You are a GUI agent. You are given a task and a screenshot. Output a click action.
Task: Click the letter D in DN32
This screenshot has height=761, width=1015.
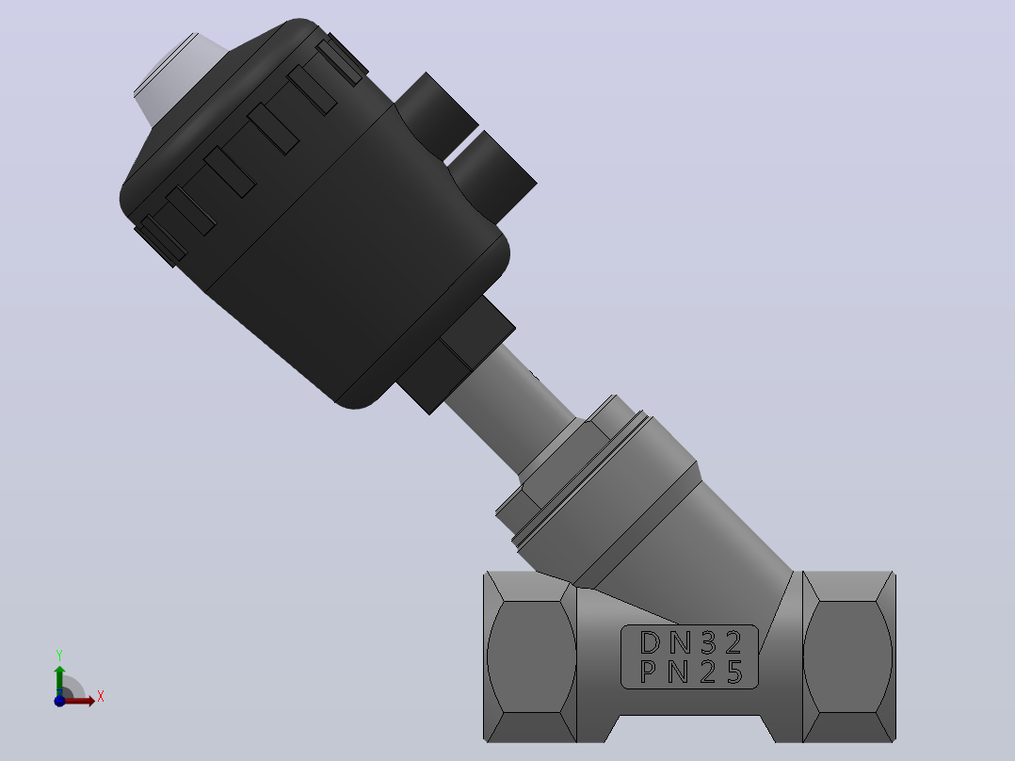pos(650,642)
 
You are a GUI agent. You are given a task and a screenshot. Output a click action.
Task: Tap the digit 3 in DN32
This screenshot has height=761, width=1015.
pos(709,642)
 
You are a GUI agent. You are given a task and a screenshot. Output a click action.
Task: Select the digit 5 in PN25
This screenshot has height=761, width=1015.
pos(734,672)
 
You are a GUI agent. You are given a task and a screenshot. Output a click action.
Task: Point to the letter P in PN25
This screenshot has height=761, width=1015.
pos(649,672)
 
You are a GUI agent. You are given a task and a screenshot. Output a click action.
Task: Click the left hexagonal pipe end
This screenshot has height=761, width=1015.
pos(530,656)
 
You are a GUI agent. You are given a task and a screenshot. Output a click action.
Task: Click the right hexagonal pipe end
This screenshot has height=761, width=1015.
pos(849,656)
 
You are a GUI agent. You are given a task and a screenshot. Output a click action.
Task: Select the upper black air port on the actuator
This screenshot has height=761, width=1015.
pos(435,115)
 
